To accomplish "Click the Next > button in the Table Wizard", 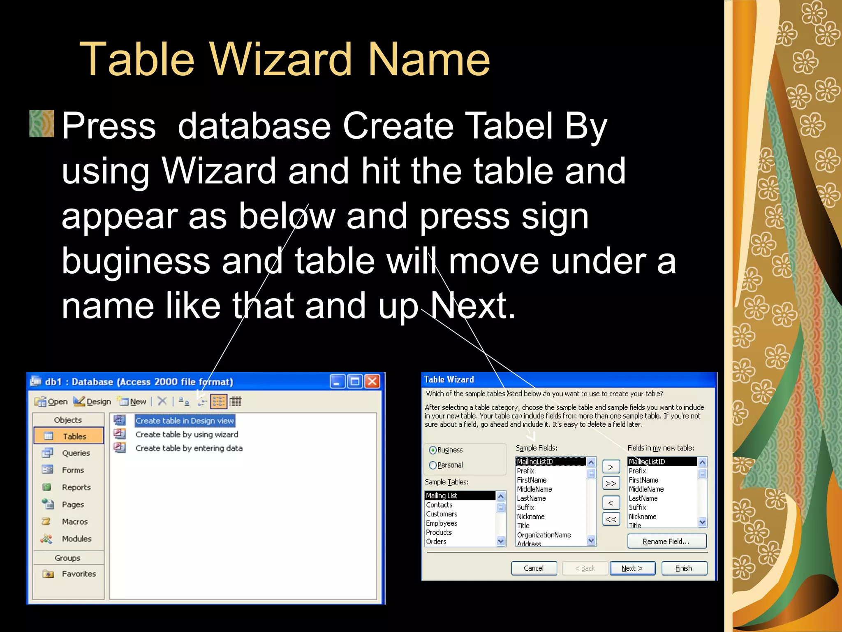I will tap(632, 568).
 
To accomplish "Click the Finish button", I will tap(684, 568).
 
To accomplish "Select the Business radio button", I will tap(433, 450).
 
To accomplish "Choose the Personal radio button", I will tap(433, 465).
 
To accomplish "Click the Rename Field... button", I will tap(666, 541).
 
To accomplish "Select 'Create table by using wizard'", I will tap(187, 434).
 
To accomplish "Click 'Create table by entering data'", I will tap(189, 448).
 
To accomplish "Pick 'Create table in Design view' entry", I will tap(185, 421).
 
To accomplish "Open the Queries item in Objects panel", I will tap(76, 453).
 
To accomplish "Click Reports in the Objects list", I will tap(76, 487).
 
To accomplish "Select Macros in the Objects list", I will tap(74, 522).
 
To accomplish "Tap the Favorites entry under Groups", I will tap(79, 574).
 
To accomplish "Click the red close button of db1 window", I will tap(372, 381).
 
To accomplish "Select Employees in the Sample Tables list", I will tap(442, 523).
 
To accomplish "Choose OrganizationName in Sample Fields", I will tap(544, 535).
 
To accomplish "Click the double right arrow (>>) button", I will tap(611, 483).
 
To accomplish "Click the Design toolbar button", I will tap(93, 401).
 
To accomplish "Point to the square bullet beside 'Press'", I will tap(42, 123).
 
